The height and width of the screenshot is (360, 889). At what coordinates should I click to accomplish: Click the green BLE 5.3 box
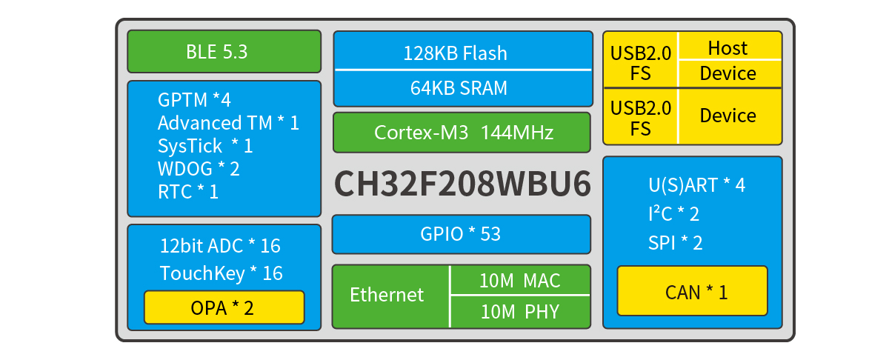point(224,52)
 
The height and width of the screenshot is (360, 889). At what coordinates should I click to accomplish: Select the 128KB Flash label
point(455,53)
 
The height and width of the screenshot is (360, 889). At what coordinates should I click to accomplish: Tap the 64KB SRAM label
point(459,87)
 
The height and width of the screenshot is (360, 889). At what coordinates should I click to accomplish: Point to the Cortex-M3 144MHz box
point(462,133)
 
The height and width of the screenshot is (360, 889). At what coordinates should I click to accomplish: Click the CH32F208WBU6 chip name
point(462,184)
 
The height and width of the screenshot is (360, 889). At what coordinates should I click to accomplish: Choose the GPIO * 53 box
point(462,234)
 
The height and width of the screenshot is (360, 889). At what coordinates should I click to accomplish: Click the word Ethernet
point(387,295)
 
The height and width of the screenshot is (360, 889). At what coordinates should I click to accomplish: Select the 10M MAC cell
point(520,280)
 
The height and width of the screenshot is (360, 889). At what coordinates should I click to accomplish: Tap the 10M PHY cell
point(520,312)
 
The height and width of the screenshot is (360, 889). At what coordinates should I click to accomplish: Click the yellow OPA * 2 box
point(224,307)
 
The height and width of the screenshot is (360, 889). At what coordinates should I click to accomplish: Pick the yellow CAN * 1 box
point(693,292)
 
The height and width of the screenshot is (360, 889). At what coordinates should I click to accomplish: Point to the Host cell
point(730,46)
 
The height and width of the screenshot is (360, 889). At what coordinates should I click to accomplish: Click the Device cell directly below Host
point(730,74)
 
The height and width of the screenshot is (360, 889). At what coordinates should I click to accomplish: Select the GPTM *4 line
point(194,99)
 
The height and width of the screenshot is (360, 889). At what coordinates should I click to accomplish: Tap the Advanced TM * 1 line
point(228,123)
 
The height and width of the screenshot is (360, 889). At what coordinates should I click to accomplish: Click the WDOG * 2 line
point(199,169)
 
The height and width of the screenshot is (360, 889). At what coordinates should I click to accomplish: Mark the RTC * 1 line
point(188,192)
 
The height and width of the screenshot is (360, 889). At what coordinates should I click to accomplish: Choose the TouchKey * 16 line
point(222,273)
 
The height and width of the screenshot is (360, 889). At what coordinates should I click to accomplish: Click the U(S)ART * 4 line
point(697,185)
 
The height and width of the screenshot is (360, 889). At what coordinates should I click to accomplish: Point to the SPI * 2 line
point(676,243)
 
